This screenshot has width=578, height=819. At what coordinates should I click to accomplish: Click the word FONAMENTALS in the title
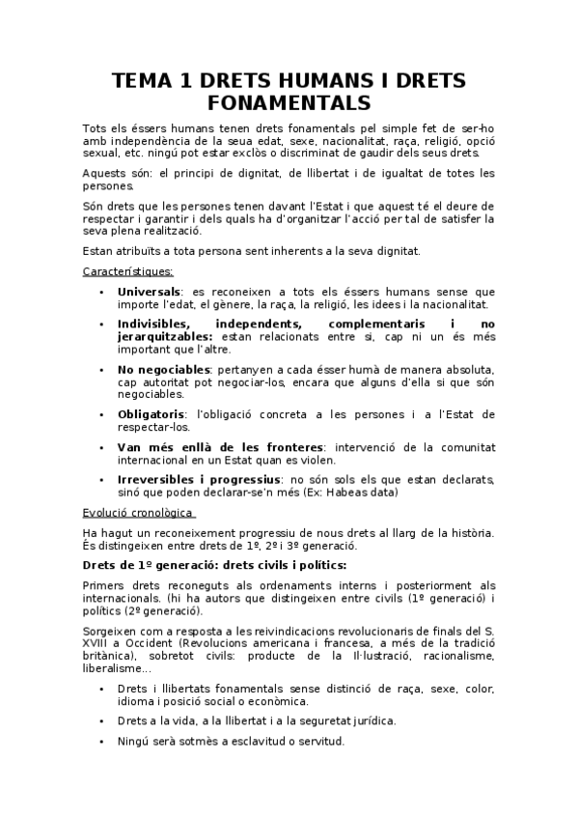click(289, 101)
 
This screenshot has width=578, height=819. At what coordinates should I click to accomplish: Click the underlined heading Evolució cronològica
click(138, 512)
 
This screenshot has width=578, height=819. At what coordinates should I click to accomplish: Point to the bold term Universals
click(149, 291)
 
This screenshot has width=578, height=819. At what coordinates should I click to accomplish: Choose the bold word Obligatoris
click(152, 413)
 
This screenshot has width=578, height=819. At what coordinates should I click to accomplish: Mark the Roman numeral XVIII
click(99, 642)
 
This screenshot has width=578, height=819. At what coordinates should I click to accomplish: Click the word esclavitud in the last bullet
click(261, 742)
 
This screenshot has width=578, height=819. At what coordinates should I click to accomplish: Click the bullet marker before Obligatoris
click(101, 413)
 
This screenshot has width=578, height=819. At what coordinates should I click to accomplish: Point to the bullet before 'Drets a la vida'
click(101, 720)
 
